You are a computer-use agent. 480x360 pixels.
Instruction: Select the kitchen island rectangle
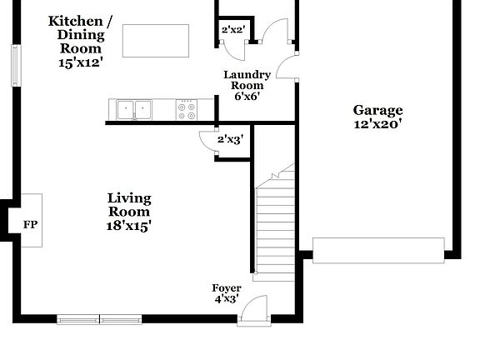click(155, 41)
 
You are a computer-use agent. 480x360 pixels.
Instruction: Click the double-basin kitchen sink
click(134, 108)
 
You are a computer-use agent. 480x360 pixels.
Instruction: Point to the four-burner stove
click(187, 108)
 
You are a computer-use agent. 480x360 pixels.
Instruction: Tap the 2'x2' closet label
click(232, 30)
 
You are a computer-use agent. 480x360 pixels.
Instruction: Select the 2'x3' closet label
click(229, 139)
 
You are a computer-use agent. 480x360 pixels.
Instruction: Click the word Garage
click(377, 110)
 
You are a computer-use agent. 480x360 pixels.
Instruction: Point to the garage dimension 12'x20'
click(377, 124)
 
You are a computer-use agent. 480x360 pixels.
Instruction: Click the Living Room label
click(129, 204)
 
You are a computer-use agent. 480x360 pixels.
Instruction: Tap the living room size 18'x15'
click(129, 225)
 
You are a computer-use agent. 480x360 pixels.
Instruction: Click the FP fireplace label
click(30, 225)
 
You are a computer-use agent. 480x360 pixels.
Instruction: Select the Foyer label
click(226, 288)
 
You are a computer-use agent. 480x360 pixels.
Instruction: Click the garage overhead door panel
click(378, 250)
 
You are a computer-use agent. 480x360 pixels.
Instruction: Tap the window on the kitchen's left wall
click(14, 65)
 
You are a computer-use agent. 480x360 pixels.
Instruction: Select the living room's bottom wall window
click(100, 318)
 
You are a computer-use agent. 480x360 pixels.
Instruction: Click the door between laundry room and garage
click(287, 67)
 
